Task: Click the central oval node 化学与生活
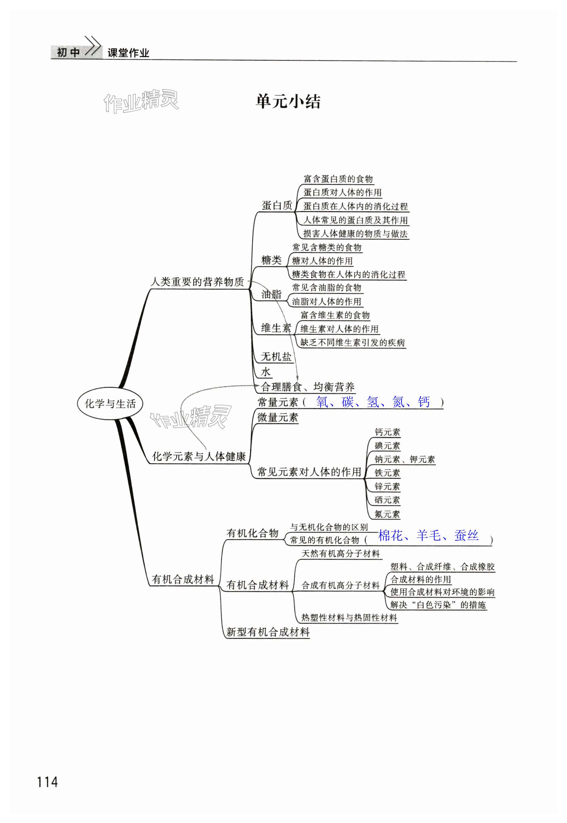[x=110, y=404]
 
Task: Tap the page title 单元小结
[x=288, y=102]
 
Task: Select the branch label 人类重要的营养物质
[x=197, y=282]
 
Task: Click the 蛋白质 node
[x=277, y=205]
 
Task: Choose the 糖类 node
[x=271, y=260]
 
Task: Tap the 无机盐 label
[x=276, y=356]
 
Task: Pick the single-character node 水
[x=266, y=372]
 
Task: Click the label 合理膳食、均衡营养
[x=308, y=387]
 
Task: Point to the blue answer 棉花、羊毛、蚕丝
[x=429, y=535]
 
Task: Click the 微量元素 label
[x=277, y=417]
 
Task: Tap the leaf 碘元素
[x=387, y=446]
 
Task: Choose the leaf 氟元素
[x=387, y=514]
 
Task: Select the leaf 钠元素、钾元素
[x=405, y=459]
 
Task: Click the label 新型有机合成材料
[x=268, y=632]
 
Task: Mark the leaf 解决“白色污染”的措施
[x=438, y=605]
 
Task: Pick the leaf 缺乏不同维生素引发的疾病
[x=352, y=342]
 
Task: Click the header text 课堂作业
[x=128, y=53]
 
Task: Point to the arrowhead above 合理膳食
[x=297, y=378]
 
